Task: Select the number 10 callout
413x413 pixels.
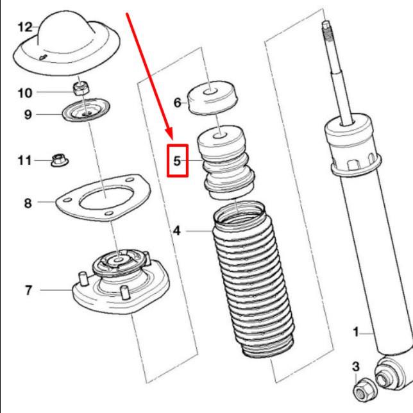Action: (24, 93)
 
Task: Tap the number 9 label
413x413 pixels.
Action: (28, 115)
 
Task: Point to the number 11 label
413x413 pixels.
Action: (24, 160)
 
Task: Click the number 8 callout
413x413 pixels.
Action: (28, 203)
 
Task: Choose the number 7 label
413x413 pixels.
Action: (28, 291)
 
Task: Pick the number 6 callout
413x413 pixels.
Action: (178, 103)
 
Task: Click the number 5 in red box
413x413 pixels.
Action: (177, 161)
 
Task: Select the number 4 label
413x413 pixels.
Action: (177, 229)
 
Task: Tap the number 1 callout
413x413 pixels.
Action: (356, 332)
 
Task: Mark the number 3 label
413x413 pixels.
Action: (356, 366)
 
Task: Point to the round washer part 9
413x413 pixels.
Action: (87, 110)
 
